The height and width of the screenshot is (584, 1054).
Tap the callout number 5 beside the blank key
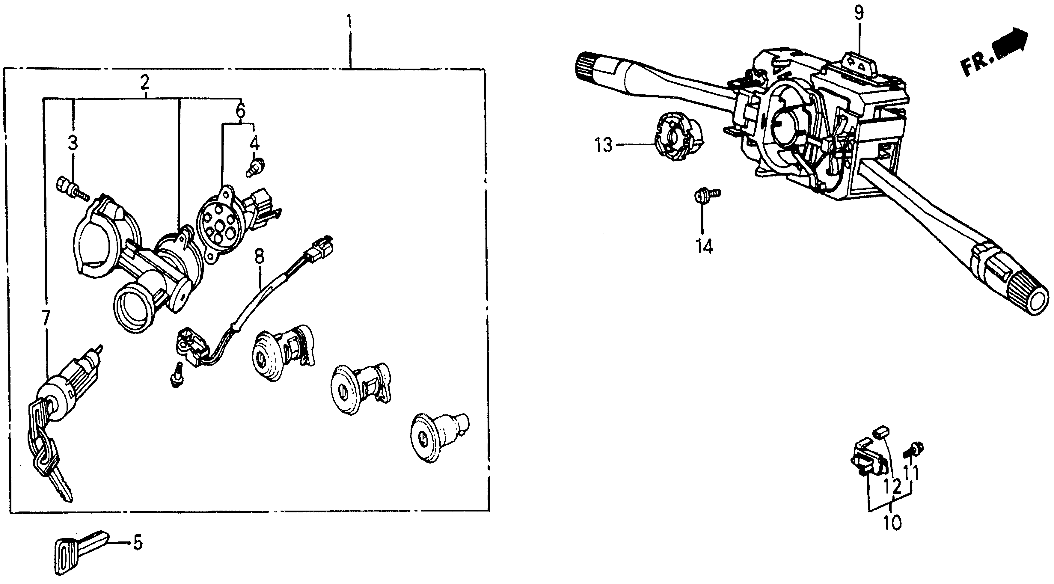(x=138, y=543)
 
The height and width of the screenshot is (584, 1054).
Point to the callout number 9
(x=858, y=13)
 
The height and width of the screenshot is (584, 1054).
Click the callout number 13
(x=604, y=145)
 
